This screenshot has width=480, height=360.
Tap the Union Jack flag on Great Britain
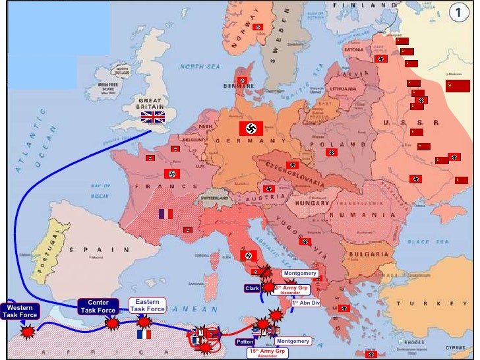[153, 117]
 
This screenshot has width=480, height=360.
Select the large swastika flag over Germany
[251, 128]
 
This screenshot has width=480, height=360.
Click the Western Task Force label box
[20, 311]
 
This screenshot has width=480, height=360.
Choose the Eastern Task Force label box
[147, 305]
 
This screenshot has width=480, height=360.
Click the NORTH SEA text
[202, 67]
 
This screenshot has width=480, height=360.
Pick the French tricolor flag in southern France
[165, 214]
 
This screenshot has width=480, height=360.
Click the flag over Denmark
[242, 80]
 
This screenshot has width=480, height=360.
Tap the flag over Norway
[258, 27]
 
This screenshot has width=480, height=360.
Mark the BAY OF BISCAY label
[100, 191]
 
